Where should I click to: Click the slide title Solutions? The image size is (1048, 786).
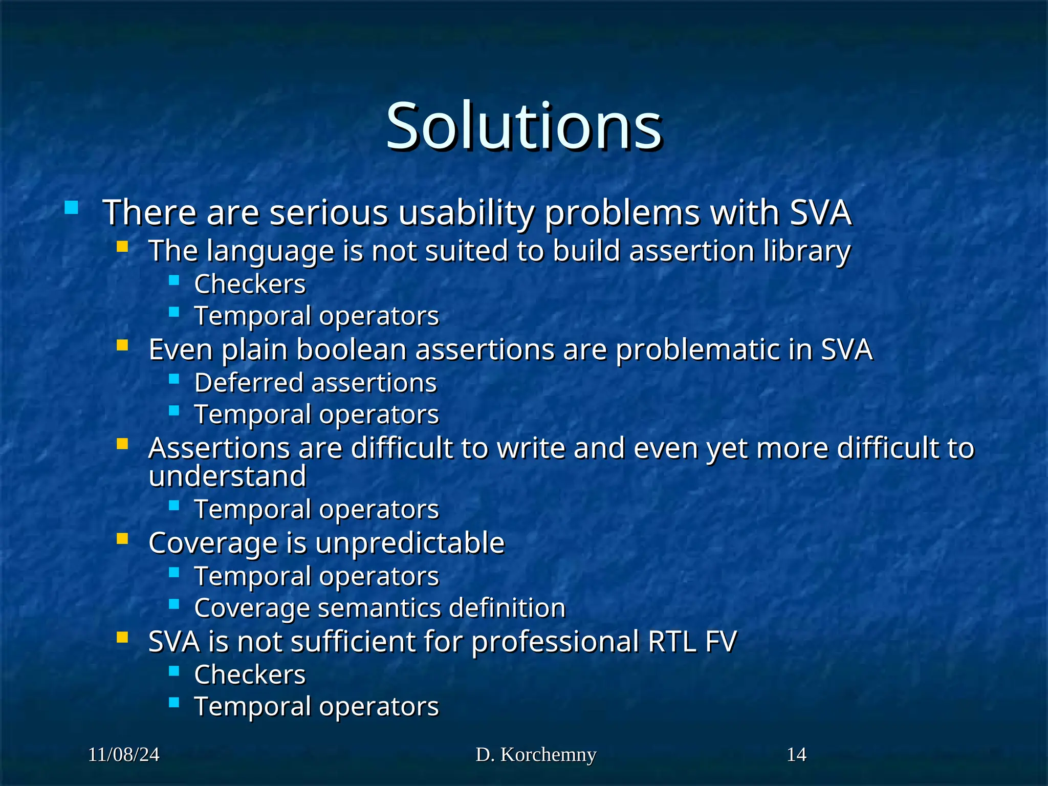pyautogui.click(x=523, y=126)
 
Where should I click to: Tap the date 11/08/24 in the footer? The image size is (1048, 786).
pyautogui.click(x=123, y=754)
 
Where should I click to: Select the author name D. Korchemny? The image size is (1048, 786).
pyautogui.click(x=536, y=754)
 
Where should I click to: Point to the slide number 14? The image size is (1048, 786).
pyautogui.click(x=796, y=754)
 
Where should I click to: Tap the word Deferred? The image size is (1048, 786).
pyautogui.click(x=249, y=383)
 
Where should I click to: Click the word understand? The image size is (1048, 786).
pyautogui.click(x=227, y=476)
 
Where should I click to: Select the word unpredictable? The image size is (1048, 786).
pyautogui.click(x=410, y=543)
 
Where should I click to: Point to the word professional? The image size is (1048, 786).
pyautogui.click(x=555, y=642)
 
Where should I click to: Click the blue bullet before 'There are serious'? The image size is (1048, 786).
pyautogui.click(x=72, y=207)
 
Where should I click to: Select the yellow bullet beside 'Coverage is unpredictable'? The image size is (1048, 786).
pyautogui.click(x=122, y=538)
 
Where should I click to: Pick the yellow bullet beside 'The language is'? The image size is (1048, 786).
pyautogui.click(x=122, y=247)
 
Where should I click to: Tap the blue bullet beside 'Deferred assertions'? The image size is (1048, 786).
pyautogui.click(x=174, y=379)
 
